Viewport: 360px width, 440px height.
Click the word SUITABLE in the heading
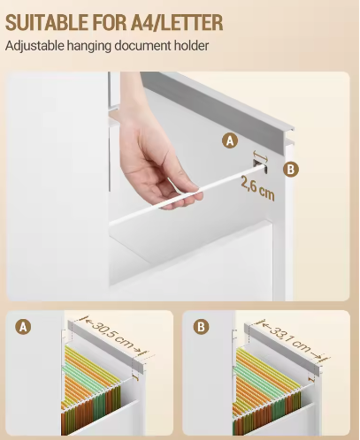(47, 22)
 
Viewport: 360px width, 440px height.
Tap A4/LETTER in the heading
(178, 22)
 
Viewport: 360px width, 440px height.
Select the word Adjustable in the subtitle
(34, 46)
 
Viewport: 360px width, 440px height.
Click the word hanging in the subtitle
(89, 46)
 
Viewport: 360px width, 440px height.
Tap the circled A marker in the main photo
(230, 140)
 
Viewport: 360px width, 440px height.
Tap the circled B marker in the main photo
(291, 170)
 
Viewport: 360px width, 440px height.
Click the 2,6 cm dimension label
(257, 188)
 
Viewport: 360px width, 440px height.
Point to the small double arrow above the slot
(260, 156)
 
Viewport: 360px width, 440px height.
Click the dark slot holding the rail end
(260, 166)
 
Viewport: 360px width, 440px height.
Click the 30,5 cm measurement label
(113, 335)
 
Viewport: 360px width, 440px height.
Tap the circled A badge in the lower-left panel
(23, 327)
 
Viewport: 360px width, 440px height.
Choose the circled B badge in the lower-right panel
(202, 327)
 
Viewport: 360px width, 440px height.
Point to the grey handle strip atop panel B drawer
(282, 349)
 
